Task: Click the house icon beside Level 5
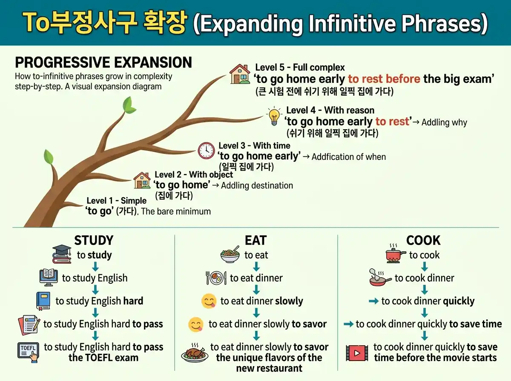click(240, 74)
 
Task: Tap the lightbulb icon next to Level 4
click(274, 116)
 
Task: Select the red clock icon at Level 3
click(207, 151)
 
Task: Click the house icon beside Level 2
click(142, 180)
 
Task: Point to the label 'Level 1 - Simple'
click(116, 200)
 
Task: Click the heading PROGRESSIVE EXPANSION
click(103, 63)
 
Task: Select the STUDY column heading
click(94, 241)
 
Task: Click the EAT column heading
click(255, 241)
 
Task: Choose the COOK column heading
click(423, 241)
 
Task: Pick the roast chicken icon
click(195, 353)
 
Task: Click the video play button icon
click(357, 353)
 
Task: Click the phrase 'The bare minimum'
click(176, 211)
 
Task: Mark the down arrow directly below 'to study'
click(95, 267)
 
